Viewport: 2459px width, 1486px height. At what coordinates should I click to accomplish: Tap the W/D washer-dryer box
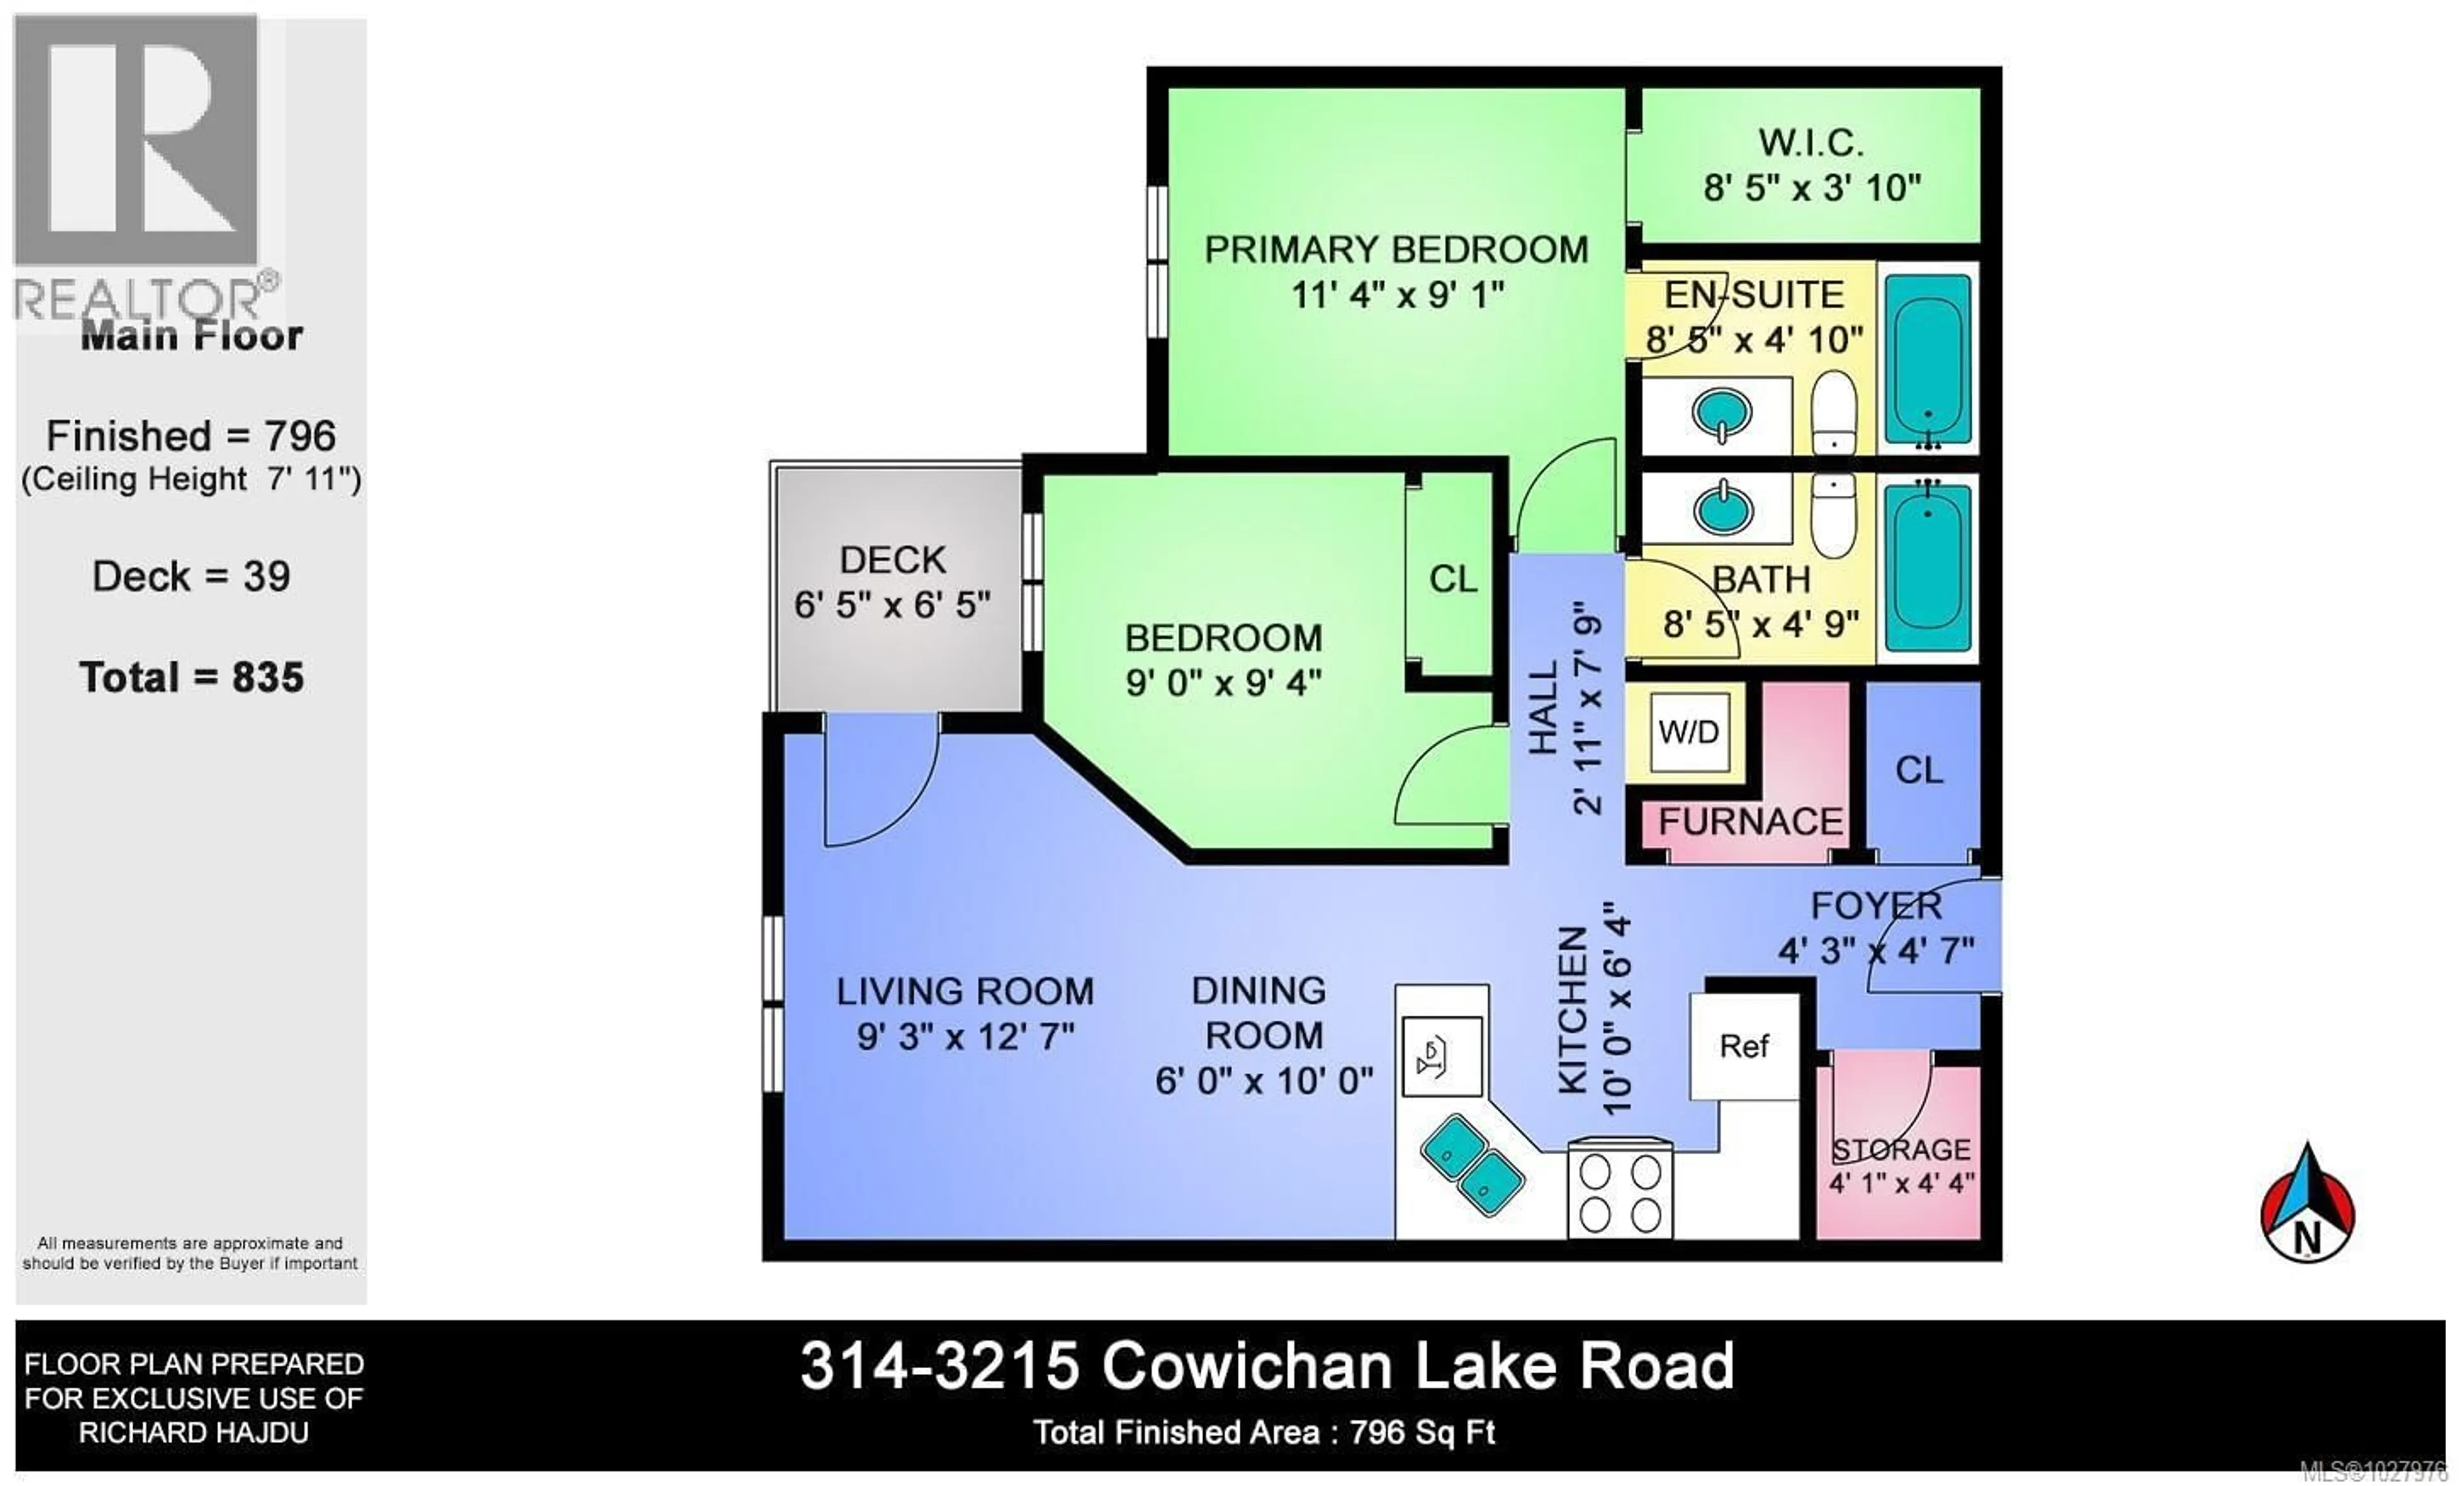coord(1689,733)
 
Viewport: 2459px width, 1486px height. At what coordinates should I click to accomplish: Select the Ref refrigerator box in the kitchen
coord(1744,1046)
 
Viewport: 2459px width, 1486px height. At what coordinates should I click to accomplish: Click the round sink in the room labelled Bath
coord(1723,510)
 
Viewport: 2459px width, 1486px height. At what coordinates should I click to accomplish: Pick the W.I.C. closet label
coord(1810,143)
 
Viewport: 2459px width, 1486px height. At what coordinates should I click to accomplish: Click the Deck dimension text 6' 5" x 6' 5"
coord(891,605)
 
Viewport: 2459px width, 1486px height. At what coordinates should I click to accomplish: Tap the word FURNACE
coord(1751,822)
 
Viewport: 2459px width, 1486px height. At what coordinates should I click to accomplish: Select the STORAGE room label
coord(1901,1150)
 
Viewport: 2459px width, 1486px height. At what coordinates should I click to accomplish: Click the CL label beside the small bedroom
coord(1452,579)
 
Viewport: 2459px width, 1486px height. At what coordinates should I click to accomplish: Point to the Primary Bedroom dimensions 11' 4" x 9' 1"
coord(1397,295)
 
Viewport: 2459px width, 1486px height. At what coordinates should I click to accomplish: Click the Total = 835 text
coord(191,678)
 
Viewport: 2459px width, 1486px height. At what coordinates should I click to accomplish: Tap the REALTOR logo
coord(140,170)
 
